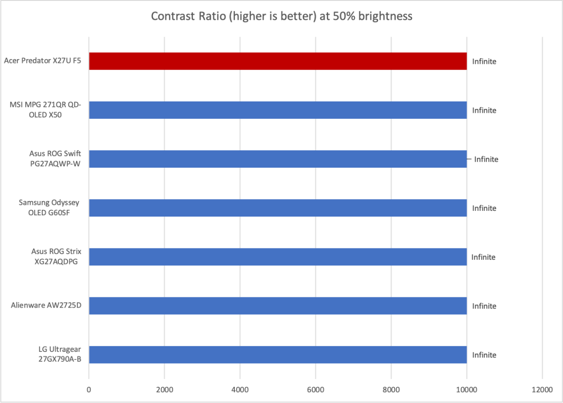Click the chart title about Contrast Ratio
(x=281, y=16)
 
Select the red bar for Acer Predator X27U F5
(x=278, y=61)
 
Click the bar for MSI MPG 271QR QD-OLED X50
(x=278, y=110)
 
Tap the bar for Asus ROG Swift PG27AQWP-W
(x=278, y=159)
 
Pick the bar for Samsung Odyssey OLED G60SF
(x=278, y=208)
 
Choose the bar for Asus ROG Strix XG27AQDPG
(x=278, y=257)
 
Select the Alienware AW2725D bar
(x=278, y=306)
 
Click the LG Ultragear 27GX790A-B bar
(x=278, y=355)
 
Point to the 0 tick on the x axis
(x=89, y=389)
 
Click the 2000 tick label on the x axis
(x=164, y=389)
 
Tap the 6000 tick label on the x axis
(x=316, y=389)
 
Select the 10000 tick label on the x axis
(x=466, y=389)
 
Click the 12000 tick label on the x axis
(x=542, y=389)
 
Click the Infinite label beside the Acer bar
(x=484, y=62)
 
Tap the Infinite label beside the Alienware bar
(x=484, y=306)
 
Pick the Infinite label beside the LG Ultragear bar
(x=484, y=355)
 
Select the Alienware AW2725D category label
(x=46, y=306)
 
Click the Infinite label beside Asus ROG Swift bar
(x=486, y=159)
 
